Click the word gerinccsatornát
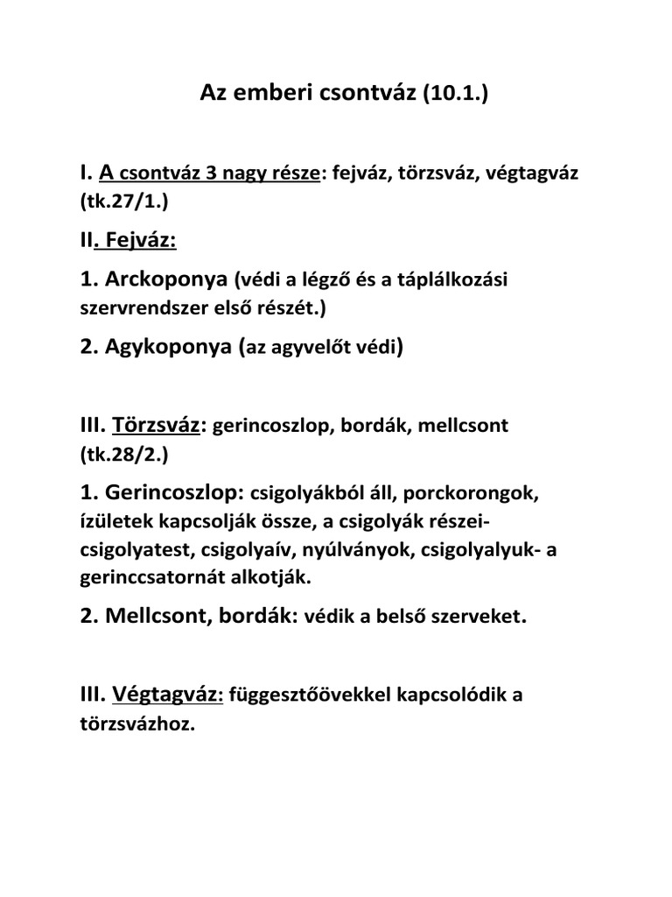[147, 579]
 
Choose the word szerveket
[473, 618]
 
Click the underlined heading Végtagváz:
[168, 696]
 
